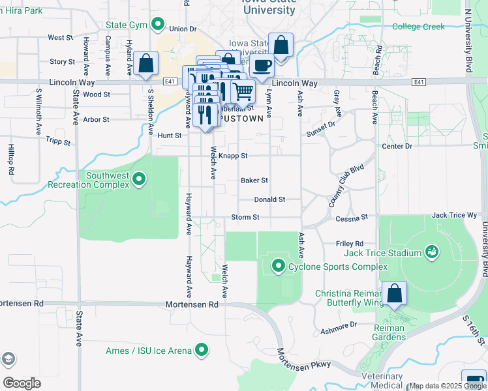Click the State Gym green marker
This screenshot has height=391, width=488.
click(157, 25)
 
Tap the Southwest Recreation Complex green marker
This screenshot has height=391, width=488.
click(139, 179)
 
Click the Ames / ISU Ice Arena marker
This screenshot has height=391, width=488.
click(202, 350)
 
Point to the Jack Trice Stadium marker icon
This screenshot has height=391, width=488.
click(431, 252)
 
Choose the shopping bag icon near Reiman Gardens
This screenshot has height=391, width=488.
click(395, 294)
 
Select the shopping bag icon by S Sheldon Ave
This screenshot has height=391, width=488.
click(146, 64)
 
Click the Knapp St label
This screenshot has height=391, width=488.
click(233, 156)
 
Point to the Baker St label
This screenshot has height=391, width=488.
click(254, 180)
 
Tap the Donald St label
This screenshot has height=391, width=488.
click(269, 199)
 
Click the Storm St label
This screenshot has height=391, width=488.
click(245, 217)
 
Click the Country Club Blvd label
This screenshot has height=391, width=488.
click(346, 187)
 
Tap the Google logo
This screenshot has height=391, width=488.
click(22, 383)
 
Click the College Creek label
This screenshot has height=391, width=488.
click(418, 27)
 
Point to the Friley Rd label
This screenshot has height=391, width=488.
click(349, 243)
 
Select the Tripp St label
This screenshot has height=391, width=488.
click(57, 140)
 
